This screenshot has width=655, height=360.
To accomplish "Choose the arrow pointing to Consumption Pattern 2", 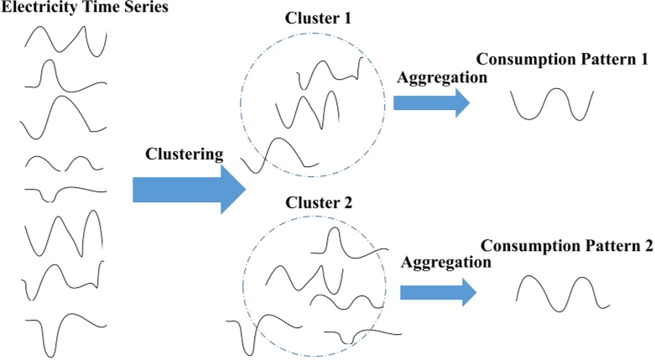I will (x=437, y=292).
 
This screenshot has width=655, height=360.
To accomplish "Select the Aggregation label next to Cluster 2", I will (x=445, y=263).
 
